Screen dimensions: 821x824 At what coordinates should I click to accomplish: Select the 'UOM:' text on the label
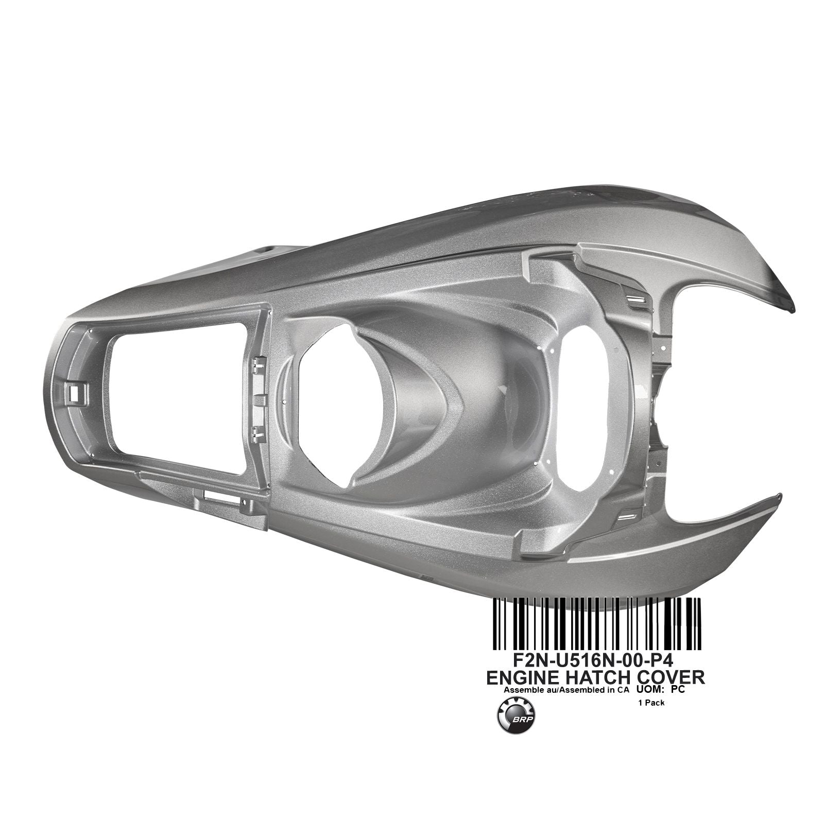(650, 690)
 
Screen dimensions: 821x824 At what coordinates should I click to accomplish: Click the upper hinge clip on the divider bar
(259, 365)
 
